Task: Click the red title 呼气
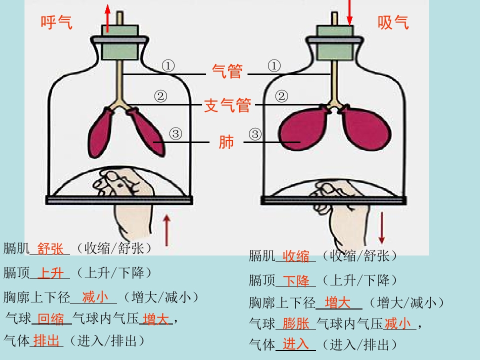56,22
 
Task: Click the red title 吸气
393,22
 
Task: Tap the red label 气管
227,71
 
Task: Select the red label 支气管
227,105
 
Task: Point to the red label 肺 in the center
226,142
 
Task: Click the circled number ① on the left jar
168,66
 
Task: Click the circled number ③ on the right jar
255,134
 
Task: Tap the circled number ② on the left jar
160,96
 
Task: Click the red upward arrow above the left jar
107,18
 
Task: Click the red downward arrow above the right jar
349,12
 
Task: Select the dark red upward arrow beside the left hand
166,230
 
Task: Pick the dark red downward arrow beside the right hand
381,227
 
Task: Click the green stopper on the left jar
120,42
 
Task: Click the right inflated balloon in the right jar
365,127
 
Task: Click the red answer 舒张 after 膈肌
50,248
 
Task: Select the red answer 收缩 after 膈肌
295,256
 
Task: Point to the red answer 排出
46,340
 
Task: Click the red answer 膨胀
295,323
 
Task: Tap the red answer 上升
51,273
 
